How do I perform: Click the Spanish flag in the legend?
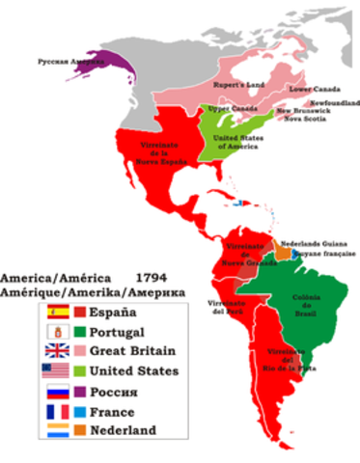point(56,312)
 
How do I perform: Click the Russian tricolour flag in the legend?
point(56,394)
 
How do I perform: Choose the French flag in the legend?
point(56,414)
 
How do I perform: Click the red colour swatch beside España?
point(80,312)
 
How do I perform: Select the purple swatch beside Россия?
point(80,394)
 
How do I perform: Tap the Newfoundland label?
point(335,102)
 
